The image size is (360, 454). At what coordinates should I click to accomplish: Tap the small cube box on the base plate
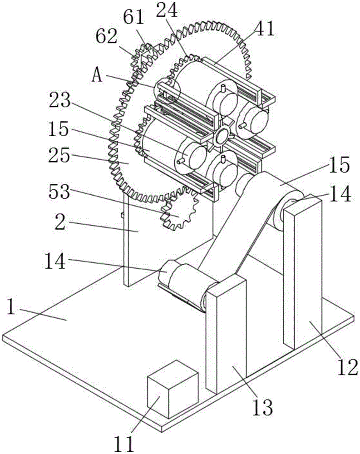pos(173,389)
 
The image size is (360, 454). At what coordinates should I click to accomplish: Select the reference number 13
pos(262,407)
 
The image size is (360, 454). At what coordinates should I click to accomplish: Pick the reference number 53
pos(59,192)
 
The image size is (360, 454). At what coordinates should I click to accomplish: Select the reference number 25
pos(59,155)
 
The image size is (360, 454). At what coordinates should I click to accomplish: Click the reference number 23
pos(59,100)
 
